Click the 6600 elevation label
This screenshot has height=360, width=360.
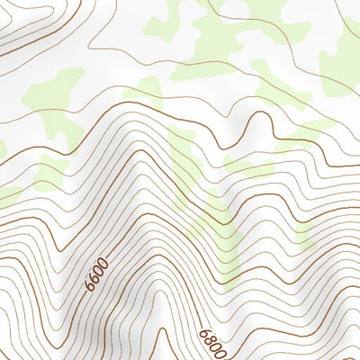96,273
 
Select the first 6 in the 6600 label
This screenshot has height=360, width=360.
91,285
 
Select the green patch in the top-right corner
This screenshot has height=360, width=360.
342,54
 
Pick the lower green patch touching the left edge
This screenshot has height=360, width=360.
7,193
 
